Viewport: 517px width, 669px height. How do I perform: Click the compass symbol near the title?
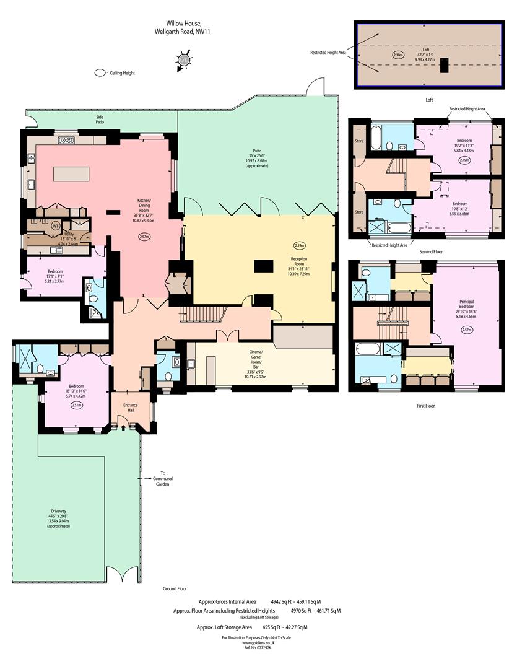click(x=184, y=61)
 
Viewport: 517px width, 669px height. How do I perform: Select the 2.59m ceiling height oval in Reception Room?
click(x=300, y=245)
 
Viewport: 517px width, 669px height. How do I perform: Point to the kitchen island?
click(x=71, y=174)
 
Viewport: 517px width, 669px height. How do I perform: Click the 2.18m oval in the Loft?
click(x=398, y=55)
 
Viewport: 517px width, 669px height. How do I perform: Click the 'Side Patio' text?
click(x=100, y=119)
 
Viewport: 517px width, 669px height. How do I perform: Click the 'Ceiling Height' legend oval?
click(x=100, y=73)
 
